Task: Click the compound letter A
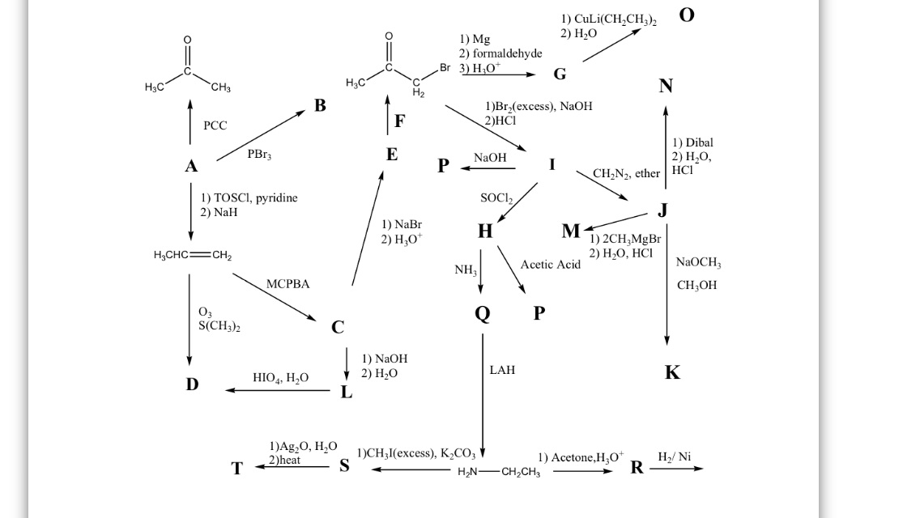click(191, 167)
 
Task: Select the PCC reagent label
click(215, 125)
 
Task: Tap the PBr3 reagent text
click(259, 154)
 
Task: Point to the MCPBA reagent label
click(287, 284)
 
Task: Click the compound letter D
click(192, 384)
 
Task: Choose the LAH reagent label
click(502, 370)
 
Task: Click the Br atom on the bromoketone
click(445, 68)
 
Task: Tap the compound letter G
click(560, 74)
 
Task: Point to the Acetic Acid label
click(551, 265)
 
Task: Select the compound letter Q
click(483, 314)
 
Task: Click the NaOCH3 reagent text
click(698, 263)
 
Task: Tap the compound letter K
click(672, 373)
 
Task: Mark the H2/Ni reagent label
click(675, 457)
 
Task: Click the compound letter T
click(236, 469)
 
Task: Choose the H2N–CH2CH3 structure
click(499, 473)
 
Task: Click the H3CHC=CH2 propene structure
click(192, 257)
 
